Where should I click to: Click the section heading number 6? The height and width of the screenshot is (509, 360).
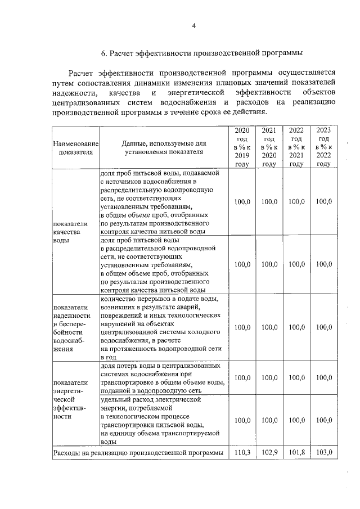point(103,53)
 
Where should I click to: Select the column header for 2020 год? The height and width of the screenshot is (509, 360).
point(242,147)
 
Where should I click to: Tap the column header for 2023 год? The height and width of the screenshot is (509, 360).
point(323,147)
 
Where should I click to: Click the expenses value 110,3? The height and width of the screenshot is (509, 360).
point(242,452)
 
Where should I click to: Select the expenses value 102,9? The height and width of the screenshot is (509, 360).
point(269,452)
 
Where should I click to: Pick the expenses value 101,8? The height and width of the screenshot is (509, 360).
point(296,452)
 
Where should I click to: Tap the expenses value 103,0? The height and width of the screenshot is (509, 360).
point(323,452)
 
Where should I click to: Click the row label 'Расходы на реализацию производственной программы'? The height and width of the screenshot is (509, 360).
point(138,452)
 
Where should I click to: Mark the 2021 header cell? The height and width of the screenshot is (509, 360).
point(269,147)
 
